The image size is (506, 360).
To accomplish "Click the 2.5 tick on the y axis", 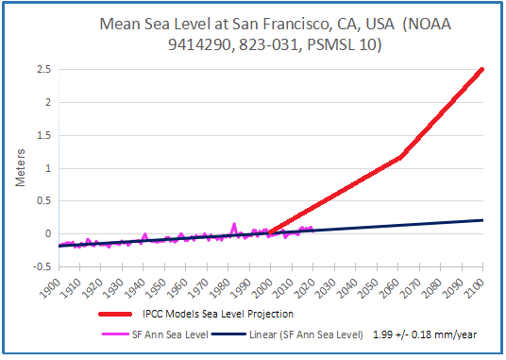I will coord(42,69).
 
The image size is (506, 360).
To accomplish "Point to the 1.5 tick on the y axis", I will coord(42,135).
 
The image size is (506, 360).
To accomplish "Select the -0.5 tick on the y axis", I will coord(40,266).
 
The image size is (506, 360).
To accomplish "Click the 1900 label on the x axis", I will coord(58,285).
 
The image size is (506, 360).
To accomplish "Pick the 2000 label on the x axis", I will coord(270,285).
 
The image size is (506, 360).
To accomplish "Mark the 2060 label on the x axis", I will coord(397,285).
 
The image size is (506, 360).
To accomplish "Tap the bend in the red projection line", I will coord(402,156).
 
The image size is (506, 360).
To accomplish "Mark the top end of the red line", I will coord(482,69).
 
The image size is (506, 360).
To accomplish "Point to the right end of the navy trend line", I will coord(482,220).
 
